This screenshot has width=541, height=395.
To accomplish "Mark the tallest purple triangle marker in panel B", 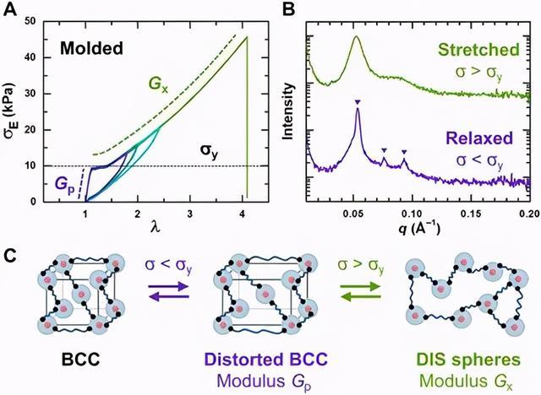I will tap(358, 103).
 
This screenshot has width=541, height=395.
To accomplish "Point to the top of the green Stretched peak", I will tap(356, 36).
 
